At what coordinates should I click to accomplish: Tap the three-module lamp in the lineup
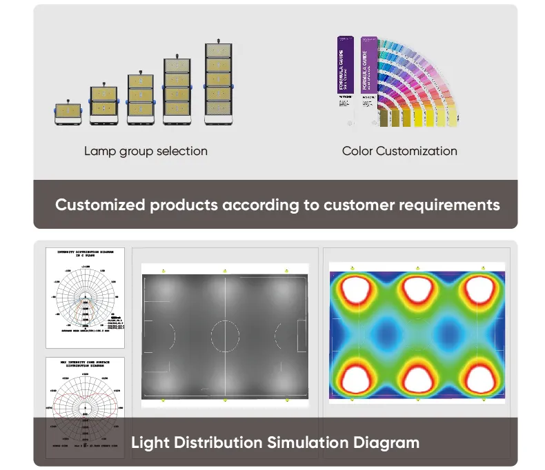pos(140,98)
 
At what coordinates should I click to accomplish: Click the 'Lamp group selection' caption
pos(146,150)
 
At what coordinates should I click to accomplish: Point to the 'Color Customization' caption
pos(399,150)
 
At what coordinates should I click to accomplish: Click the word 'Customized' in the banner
pos(100,205)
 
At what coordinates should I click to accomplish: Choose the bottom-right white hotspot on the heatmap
pos(481,377)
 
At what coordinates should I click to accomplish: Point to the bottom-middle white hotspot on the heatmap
pos(418,377)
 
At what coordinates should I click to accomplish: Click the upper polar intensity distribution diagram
pos(85,298)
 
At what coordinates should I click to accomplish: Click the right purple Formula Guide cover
pos(367,69)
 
